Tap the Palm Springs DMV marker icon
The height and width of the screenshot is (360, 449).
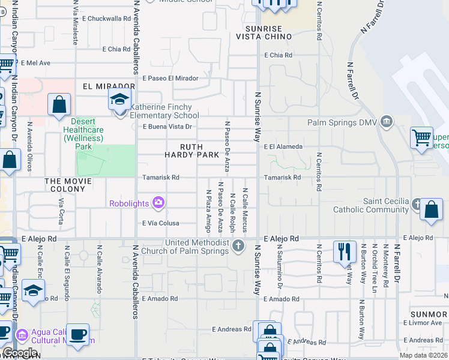387,122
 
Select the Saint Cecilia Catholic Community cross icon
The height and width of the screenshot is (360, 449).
417,205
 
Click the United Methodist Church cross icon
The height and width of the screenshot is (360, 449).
239,246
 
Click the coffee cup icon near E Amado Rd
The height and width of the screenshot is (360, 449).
77,334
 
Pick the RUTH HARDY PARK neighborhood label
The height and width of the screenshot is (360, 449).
191,151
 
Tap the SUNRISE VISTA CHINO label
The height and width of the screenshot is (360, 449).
268,32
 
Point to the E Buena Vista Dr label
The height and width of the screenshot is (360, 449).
167,127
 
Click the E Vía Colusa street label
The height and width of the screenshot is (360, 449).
160,223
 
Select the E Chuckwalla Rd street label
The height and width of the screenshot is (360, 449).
107,19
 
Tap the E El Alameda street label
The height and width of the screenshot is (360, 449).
283,146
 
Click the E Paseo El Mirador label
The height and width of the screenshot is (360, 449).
170,78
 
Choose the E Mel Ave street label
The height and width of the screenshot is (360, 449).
35,62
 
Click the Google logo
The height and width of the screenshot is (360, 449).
20,353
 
